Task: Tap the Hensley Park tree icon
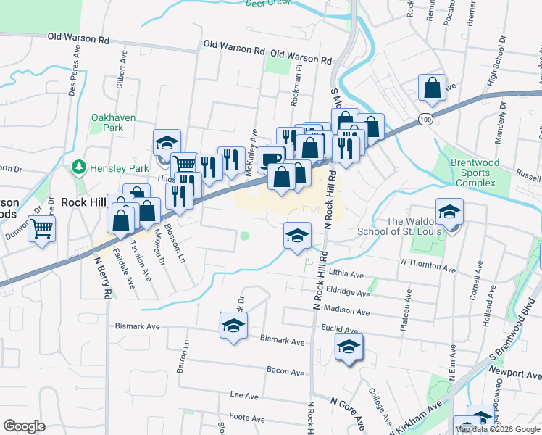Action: coord(79,168)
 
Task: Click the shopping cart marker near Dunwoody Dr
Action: coord(42,228)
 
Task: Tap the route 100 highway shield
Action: coord(426,118)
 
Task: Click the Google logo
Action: coord(24,426)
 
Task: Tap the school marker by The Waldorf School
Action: coord(449,212)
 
